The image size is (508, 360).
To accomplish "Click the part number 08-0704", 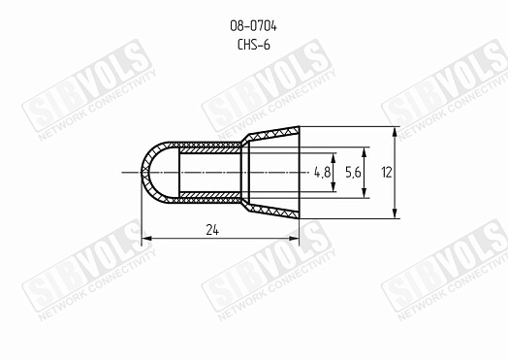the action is click(x=253, y=26).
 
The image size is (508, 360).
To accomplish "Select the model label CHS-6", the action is click(x=254, y=45).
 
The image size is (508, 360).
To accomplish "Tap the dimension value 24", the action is click(x=212, y=230).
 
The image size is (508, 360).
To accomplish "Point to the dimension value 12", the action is click(x=387, y=172).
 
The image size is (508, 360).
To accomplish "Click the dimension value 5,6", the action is click(x=353, y=172).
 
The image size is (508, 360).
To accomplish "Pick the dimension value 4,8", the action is click(x=323, y=172).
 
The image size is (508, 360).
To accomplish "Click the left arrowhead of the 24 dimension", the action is click(x=147, y=239).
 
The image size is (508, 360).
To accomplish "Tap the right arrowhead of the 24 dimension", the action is click(x=294, y=239).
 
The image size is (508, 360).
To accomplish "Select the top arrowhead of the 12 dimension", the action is click(x=395, y=132).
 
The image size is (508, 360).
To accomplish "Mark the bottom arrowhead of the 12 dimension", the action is click(x=395, y=213).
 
